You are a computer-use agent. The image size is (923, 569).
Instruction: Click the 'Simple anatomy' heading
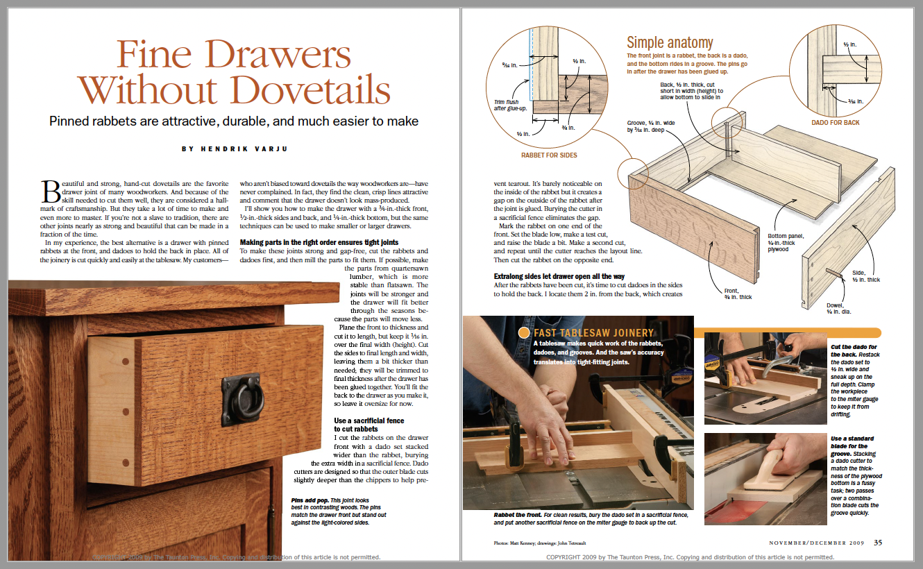pos(670,42)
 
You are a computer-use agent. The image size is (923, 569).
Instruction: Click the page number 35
pos(878,542)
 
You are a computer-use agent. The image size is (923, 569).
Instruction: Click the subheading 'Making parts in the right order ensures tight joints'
pos(323,242)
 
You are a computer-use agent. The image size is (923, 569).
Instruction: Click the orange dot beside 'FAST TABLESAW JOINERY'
pos(523,333)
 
